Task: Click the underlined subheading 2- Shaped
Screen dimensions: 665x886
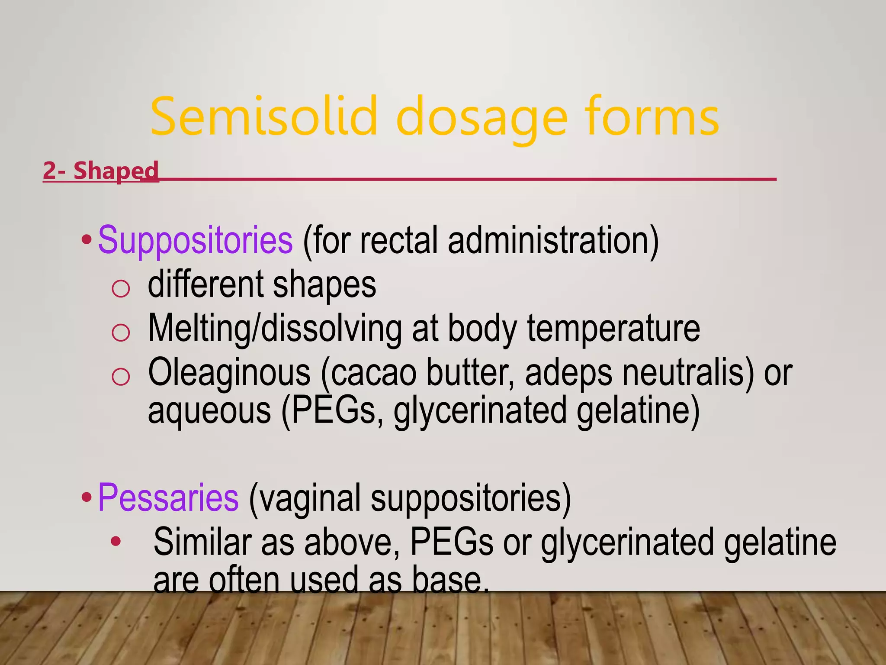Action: [x=101, y=171]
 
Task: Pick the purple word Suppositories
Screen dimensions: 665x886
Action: [x=195, y=241]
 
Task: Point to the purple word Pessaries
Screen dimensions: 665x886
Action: [x=168, y=498]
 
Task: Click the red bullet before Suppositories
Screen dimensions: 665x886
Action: [x=87, y=239]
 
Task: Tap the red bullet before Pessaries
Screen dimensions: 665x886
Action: [x=87, y=497]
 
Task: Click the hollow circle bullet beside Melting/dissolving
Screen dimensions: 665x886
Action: [x=120, y=332]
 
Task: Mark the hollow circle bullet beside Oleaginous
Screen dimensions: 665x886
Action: [x=120, y=376]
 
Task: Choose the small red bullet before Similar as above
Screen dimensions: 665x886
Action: [x=116, y=541]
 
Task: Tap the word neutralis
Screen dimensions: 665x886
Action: [x=688, y=372]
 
